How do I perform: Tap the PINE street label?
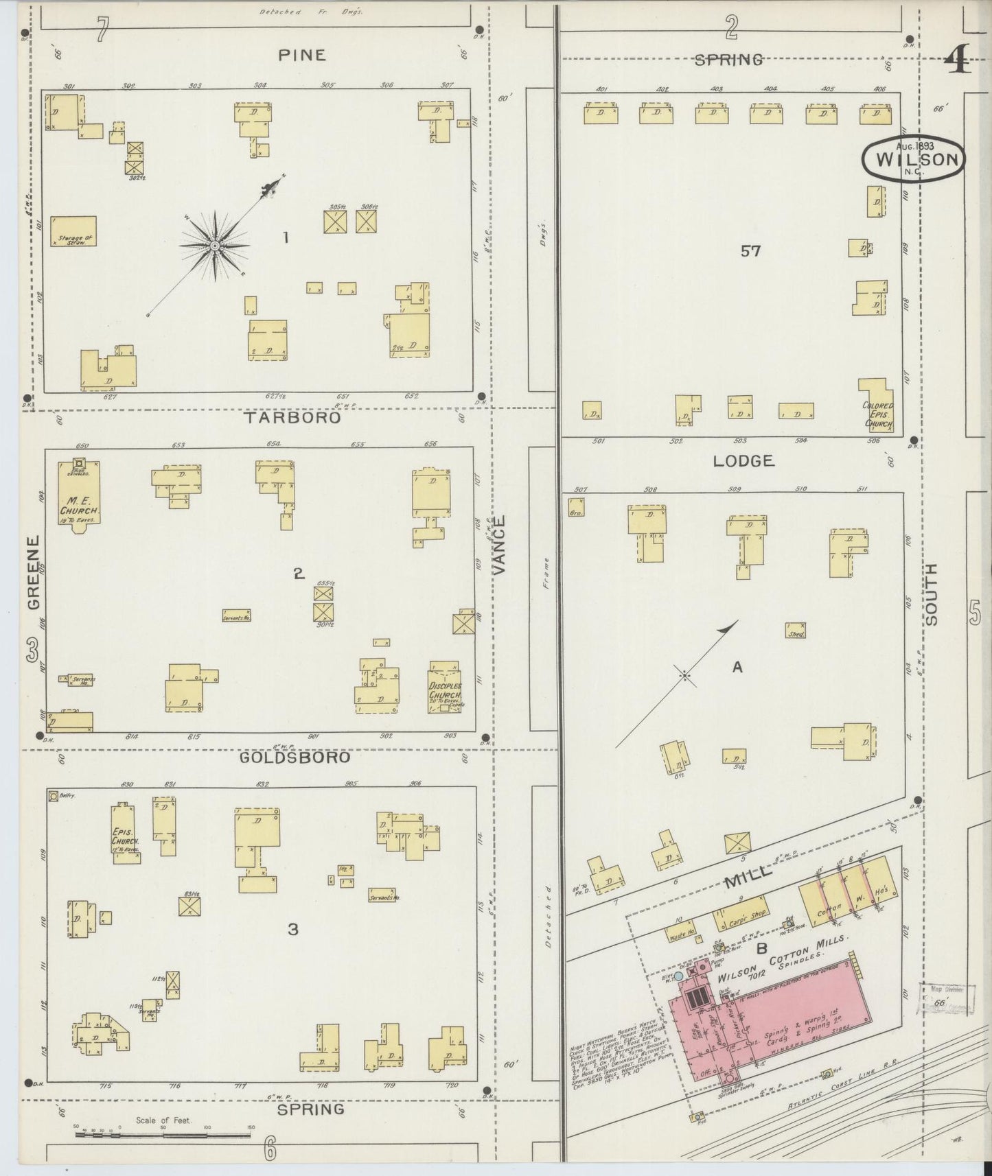point(301,55)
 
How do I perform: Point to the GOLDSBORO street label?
point(295,757)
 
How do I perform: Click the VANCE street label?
point(499,545)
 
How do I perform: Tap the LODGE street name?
point(743,461)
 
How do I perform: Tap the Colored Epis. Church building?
point(877,408)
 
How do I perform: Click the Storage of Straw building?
point(73,231)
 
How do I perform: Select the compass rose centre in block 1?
point(215,246)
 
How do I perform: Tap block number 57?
point(750,251)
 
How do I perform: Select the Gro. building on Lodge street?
point(576,506)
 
